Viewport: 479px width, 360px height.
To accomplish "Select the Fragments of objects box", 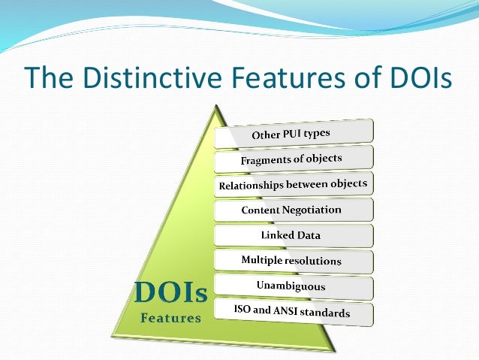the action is click(x=293, y=159).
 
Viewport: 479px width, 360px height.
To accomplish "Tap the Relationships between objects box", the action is click(x=294, y=185).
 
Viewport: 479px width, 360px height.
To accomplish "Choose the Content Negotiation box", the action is click(x=293, y=210).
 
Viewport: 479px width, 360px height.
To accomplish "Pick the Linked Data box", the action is click(x=293, y=235).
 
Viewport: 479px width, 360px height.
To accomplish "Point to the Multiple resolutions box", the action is click(x=293, y=260).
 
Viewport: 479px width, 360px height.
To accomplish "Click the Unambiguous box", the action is click(x=293, y=286).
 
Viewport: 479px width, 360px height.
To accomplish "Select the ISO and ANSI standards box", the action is click(x=293, y=310).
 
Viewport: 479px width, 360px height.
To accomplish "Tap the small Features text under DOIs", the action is click(x=171, y=318).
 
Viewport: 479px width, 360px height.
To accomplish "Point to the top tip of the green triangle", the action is click(x=217, y=106).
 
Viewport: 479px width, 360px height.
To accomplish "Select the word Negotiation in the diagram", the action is click(x=312, y=210).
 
